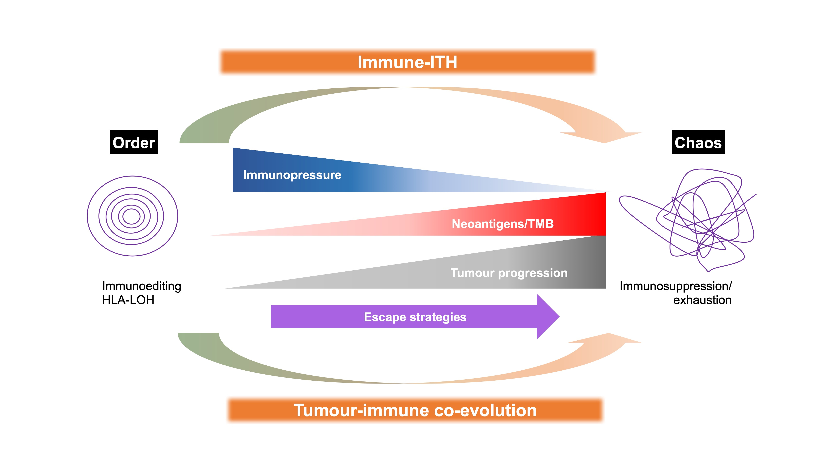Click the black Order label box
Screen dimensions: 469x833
point(133,142)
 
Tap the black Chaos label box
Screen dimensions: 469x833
point(698,142)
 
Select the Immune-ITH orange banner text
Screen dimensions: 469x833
point(407,62)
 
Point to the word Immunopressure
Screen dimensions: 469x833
point(292,175)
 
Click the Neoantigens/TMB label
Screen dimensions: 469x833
point(503,224)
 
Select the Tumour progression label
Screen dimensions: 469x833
point(509,273)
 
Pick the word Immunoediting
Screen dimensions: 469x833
point(142,286)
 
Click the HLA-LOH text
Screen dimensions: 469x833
point(128,300)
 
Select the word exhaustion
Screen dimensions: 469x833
point(702,300)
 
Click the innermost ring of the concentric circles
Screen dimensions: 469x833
point(131,216)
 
